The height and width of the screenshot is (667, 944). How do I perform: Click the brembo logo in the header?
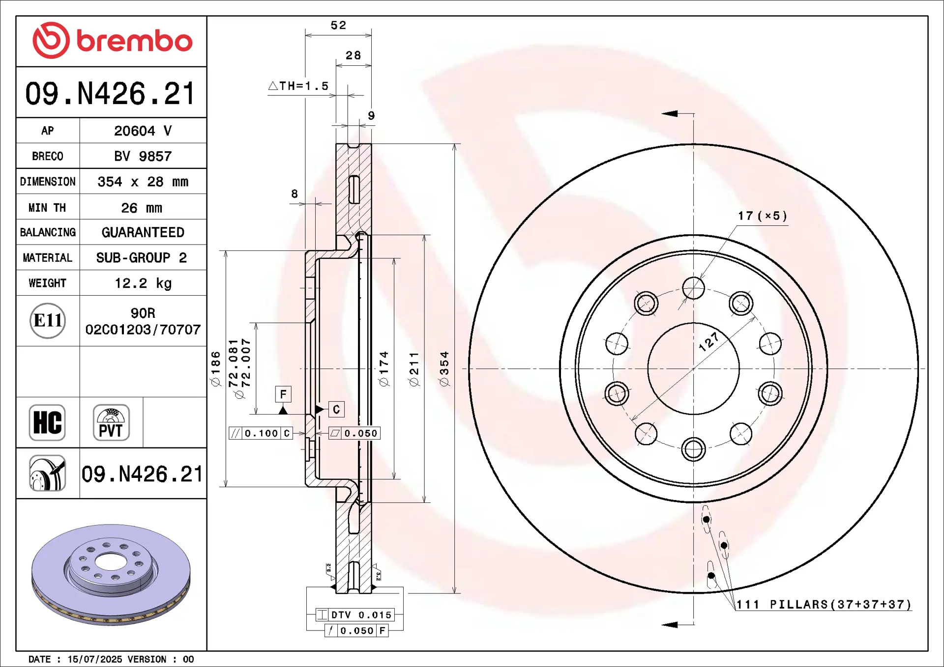tap(112, 40)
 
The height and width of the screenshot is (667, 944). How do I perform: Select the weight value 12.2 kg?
tap(143, 283)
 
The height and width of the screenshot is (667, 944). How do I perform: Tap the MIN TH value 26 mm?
tap(142, 208)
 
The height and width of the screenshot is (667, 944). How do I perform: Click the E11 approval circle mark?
tap(48, 321)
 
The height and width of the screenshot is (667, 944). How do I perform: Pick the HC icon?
tap(47, 422)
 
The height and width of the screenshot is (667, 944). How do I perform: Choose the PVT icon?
tap(111, 422)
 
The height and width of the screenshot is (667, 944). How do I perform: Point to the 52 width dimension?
tap(338, 25)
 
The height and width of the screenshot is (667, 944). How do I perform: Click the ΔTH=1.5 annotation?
tap(298, 86)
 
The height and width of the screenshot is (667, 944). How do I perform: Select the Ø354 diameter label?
tap(444, 368)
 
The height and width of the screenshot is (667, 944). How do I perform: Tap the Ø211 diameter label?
tap(414, 368)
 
